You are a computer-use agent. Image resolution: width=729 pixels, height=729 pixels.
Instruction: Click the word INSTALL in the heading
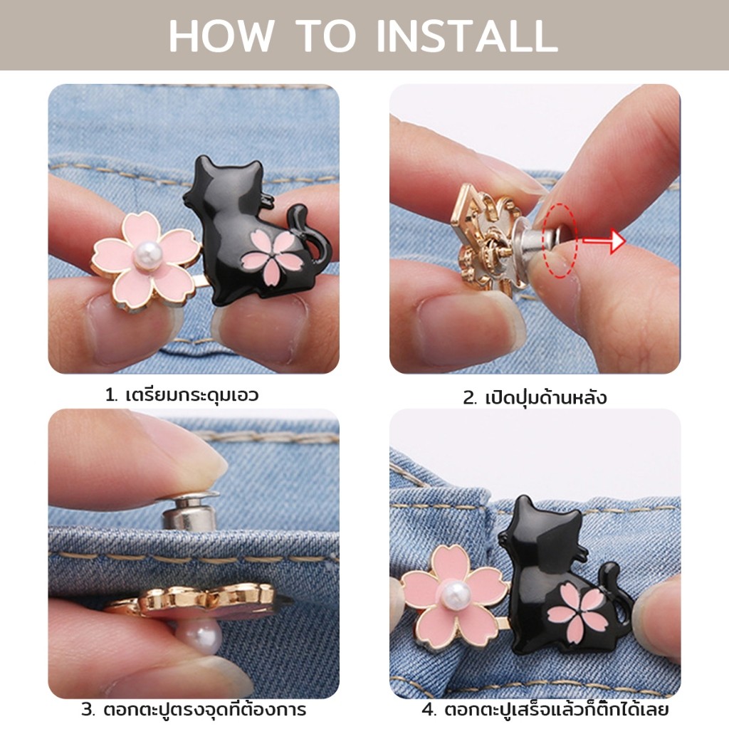[466, 36]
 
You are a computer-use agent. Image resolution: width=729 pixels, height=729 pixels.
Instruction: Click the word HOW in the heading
[221, 36]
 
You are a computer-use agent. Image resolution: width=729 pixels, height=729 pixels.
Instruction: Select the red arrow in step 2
[604, 241]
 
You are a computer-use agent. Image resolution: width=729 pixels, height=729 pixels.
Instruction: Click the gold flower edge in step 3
[195, 598]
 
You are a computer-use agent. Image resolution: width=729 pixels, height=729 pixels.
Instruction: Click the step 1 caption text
[182, 395]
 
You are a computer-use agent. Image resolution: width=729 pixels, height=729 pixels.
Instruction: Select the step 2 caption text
[535, 397]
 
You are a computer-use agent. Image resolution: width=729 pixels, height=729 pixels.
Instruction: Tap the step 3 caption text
[194, 709]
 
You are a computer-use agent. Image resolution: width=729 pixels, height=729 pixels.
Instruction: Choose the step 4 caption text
[545, 709]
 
